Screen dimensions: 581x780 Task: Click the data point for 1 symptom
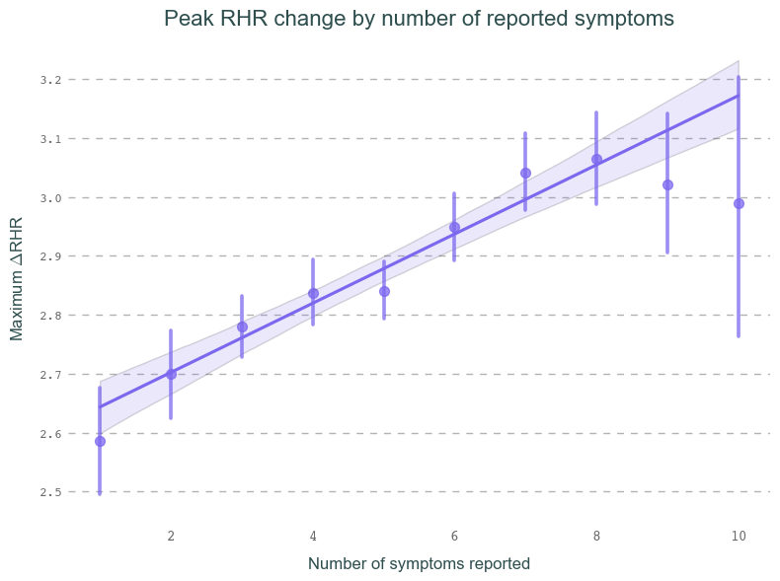100,441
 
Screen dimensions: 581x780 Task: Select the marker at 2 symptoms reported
171,374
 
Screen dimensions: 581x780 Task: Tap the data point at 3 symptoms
242,327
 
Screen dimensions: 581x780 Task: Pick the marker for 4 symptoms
313,293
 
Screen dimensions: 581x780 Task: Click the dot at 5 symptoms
384,291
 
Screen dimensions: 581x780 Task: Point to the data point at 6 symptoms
454,227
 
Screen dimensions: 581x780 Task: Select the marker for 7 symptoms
525,173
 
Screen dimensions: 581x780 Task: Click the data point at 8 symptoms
596,159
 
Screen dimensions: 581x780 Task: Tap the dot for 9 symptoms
667,184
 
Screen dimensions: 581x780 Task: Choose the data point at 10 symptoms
739,203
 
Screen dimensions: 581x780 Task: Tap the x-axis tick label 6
454,536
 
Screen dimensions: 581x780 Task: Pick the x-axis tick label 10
739,536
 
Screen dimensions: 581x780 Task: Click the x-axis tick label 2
171,536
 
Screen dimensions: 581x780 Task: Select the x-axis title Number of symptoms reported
419,564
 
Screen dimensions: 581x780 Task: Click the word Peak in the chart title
186,19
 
